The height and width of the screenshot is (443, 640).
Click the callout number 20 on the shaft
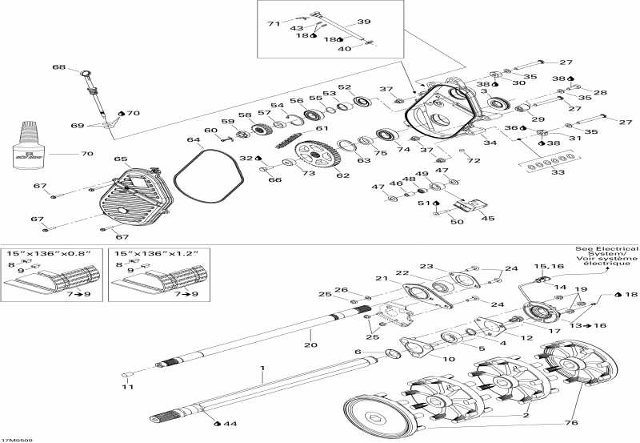(310, 344)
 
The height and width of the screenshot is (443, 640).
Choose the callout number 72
(474, 161)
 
